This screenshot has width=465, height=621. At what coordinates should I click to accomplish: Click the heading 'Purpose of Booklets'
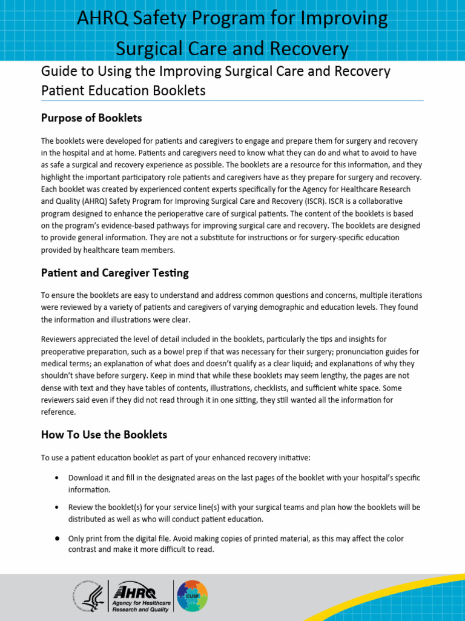click(91, 118)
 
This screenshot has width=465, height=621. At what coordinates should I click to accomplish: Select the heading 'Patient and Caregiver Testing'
click(114, 273)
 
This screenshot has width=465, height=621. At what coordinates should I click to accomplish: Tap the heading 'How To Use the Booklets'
click(104, 435)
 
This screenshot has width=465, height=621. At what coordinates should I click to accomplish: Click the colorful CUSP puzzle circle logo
click(192, 596)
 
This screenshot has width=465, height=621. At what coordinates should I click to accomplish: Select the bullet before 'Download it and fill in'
click(56, 478)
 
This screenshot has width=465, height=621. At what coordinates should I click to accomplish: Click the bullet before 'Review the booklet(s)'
click(56, 507)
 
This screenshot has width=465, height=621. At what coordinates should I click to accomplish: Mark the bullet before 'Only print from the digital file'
click(56, 539)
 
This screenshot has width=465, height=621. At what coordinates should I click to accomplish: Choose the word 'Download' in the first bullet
click(85, 478)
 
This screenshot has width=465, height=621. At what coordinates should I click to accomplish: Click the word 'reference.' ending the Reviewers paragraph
click(59, 412)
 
